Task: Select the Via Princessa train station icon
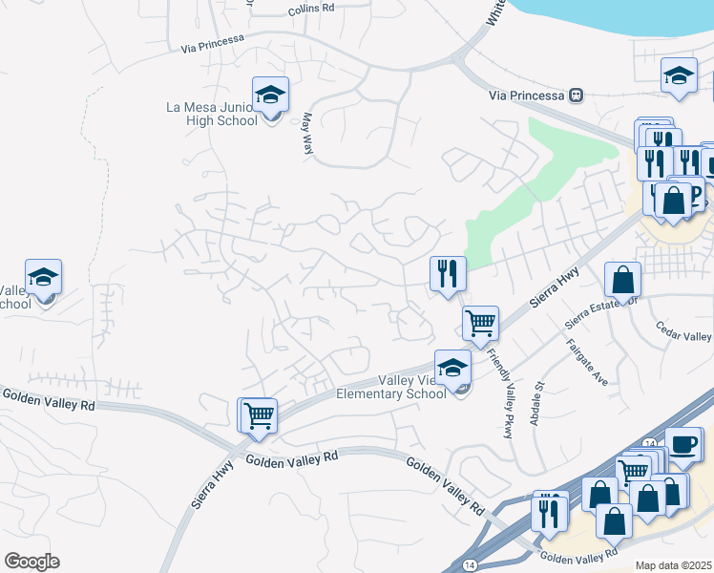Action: pyautogui.click(x=576, y=95)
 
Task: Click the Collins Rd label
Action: pyautogui.click(x=311, y=9)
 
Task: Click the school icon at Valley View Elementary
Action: pyautogui.click(x=452, y=368)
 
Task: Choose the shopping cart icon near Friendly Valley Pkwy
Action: pyautogui.click(x=480, y=322)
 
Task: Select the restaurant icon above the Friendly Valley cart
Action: pyautogui.click(x=447, y=274)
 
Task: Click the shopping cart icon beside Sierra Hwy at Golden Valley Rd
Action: pyautogui.click(x=258, y=415)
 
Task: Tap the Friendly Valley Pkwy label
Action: pyautogui.click(x=500, y=392)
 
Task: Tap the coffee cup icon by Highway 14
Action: pyautogui.click(x=683, y=444)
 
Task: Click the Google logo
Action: pyautogui.click(x=32, y=561)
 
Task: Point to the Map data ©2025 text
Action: pyautogui.click(x=673, y=565)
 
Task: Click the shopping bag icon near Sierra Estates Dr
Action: pyautogui.click(x=622, y=281)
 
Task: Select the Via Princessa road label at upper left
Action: pyautogui.click(x=212, y=42)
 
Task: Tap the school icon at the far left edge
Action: pyautogui.click(x=43, y=277)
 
